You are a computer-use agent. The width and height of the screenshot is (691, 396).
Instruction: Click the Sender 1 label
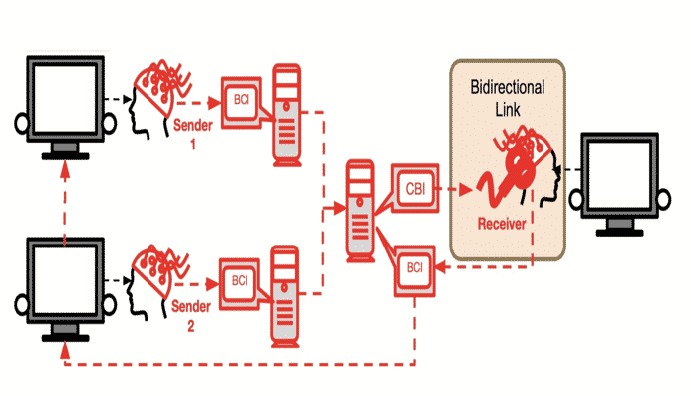[x=192, y=134]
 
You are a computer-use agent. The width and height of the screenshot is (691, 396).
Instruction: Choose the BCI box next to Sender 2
[x=241, y=280]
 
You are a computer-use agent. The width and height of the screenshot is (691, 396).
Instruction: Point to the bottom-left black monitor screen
[x=65, y=278]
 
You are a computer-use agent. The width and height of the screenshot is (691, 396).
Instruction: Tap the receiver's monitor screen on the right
[x=622, y=176]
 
